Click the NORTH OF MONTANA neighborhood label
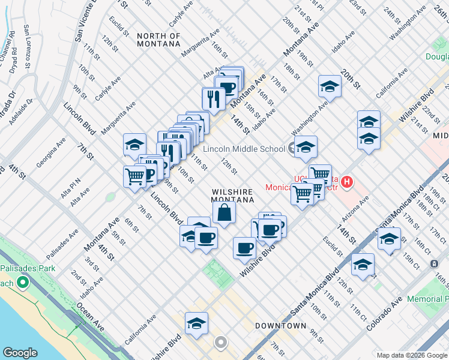point(158,40)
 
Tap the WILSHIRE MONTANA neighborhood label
point(232,196)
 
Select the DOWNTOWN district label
point(281,326)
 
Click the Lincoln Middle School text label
point(244,149)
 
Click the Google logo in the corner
point(20,352)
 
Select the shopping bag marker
point(224,212)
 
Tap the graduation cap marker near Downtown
point(196,324)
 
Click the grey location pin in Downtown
point(221,343)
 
